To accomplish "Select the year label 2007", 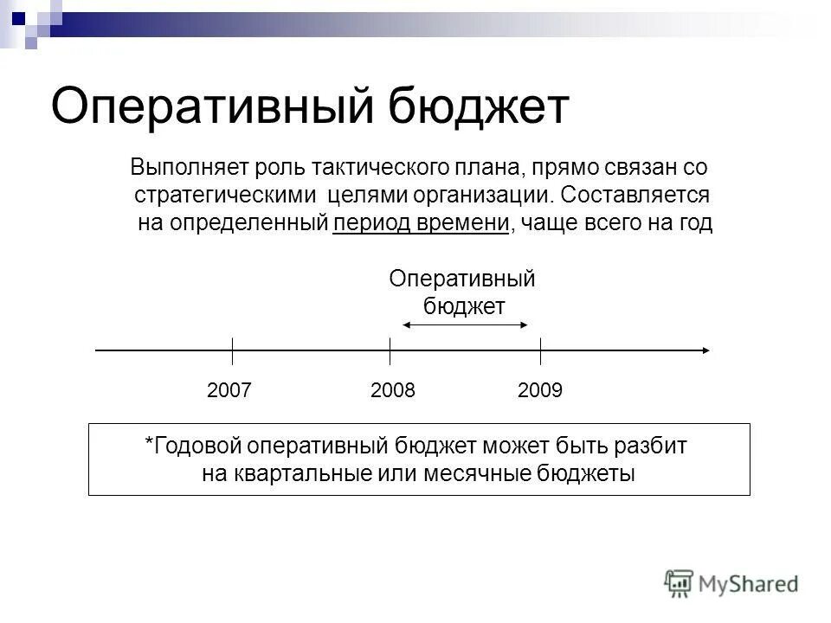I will coord(229,390).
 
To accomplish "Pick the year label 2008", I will coord(392,390).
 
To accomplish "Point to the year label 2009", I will coord(540,390).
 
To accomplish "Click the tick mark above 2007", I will coord(232,350).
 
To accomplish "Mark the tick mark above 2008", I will coord(390,350).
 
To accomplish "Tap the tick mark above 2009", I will coord(540,350).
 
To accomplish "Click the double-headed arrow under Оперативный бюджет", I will coord(464,325).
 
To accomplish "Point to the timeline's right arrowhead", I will coord(705,350).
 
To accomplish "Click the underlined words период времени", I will coord(420,223).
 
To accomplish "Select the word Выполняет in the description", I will coord(177,165).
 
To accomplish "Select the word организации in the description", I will coord(461,194).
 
